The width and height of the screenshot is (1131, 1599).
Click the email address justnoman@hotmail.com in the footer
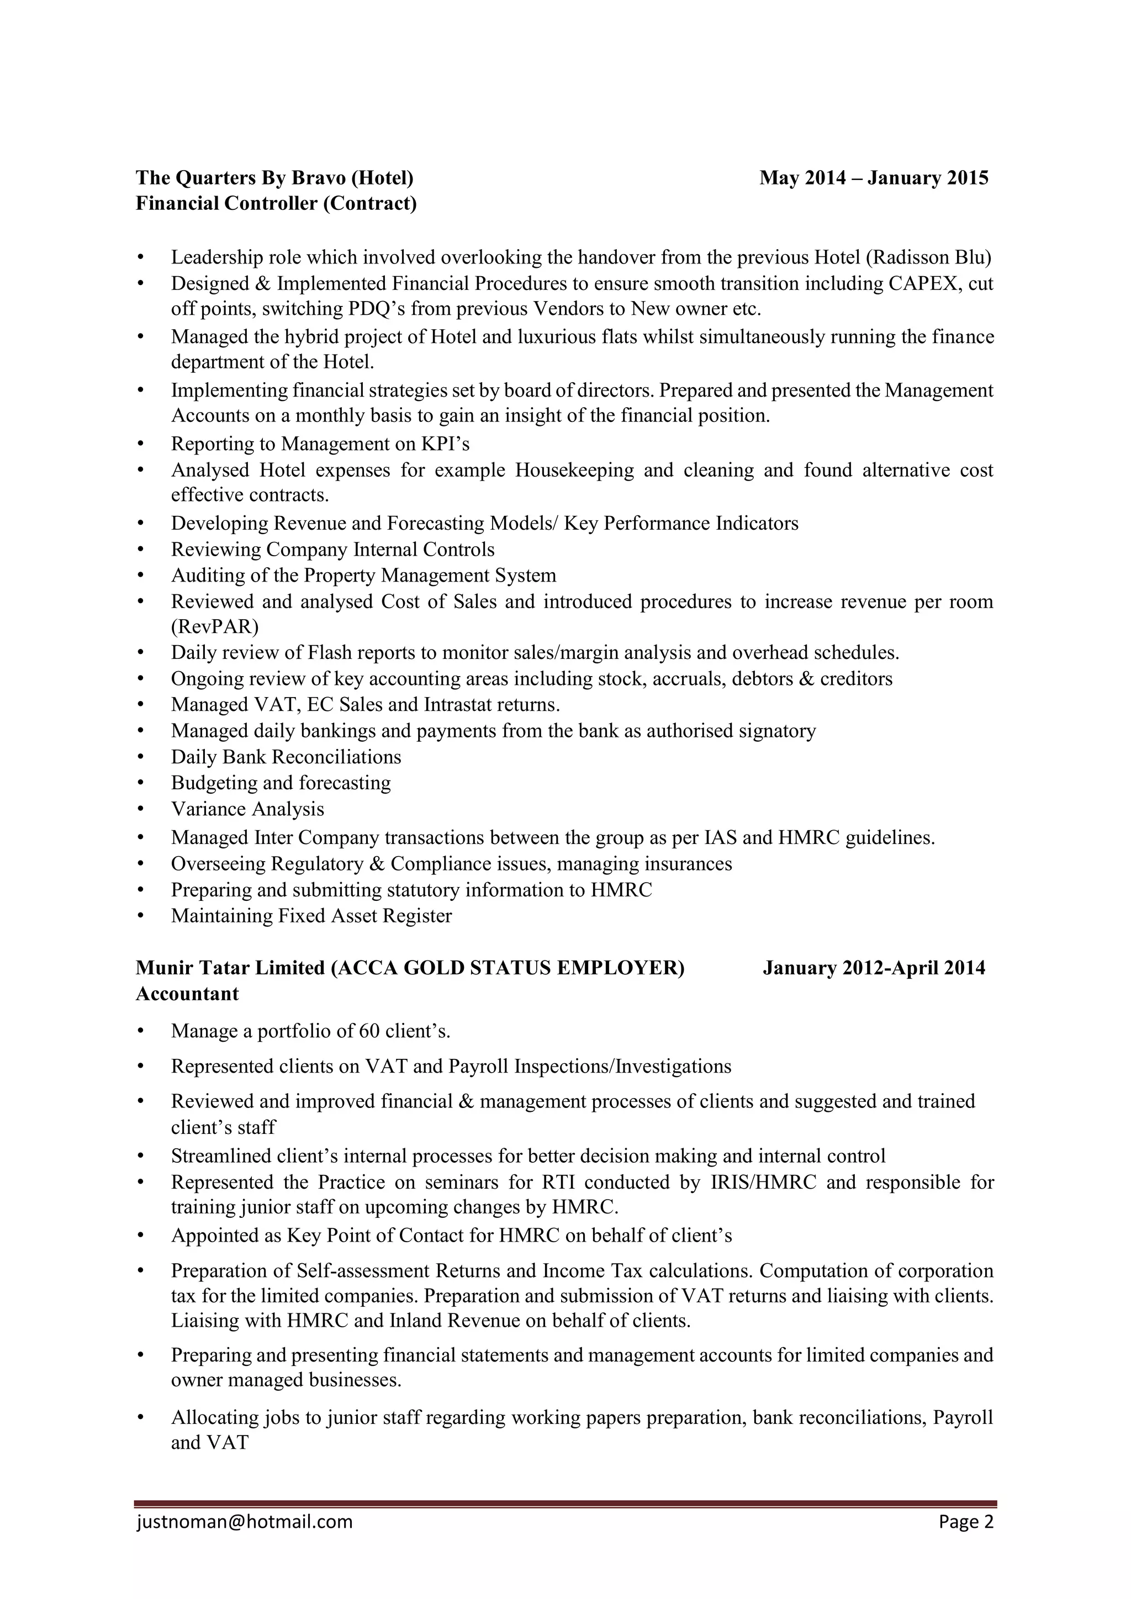(x=245, y=1541)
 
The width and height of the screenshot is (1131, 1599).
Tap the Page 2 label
(x=965, y=1541)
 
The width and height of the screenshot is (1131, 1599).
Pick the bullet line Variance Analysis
(x=247, y=809)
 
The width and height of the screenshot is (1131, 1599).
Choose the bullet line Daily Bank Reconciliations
(x=286, y=757)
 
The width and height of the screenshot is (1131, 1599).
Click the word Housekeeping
(x=574, y=470)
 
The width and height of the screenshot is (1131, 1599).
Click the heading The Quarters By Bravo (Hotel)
(x=274, y=178)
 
